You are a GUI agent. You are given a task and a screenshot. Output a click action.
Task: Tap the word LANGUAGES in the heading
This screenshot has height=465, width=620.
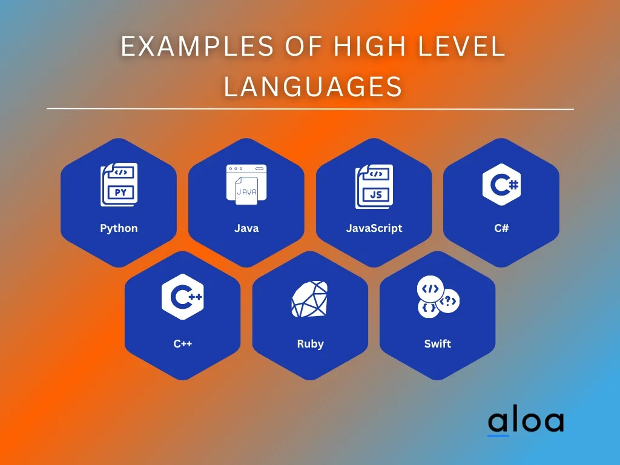point(313,86)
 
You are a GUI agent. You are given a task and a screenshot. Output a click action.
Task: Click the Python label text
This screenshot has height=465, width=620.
point(119,228)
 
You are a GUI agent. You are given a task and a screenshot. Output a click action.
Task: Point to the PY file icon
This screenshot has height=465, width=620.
point(119,185)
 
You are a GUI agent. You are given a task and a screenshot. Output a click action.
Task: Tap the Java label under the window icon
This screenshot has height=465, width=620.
point(246,228)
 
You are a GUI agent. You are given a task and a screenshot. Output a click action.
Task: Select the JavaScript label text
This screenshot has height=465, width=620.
point(374,228)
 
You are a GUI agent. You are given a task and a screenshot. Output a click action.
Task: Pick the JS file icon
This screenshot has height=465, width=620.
point(374,185)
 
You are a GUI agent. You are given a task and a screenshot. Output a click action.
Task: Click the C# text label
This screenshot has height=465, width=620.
point(501,228)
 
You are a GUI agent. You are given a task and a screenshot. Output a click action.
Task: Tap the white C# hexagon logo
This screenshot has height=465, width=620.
point(501,184)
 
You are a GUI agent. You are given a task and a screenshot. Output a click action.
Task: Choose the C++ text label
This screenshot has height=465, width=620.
point(183,344)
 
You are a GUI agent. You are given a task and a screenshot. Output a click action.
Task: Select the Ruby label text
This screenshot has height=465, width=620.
point(310,344)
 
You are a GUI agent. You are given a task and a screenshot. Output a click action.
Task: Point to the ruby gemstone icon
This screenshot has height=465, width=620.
point(310,299)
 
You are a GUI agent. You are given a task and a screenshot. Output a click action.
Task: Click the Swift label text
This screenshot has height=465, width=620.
point(437,344)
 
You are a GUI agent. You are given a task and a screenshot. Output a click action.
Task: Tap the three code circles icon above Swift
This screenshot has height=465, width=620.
point(438,297)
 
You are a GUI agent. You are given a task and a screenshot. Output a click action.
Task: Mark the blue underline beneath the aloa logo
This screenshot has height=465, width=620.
point(498,435)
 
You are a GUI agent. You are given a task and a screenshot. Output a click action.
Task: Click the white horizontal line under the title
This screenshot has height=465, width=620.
point(310,109)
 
